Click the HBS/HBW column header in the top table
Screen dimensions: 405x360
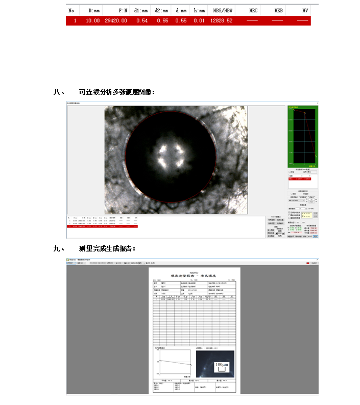223,10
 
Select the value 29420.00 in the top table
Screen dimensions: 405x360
115,21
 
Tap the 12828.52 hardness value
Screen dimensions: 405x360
223,21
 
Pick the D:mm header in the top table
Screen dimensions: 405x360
93,10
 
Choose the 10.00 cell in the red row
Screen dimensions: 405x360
93,21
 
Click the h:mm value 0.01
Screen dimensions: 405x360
199,21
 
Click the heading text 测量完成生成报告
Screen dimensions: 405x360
107,248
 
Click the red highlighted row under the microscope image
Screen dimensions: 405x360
103,226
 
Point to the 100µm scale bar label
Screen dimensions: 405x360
221,365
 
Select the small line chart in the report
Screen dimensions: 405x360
174,364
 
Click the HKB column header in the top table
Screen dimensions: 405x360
278,10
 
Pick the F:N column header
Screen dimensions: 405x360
123,10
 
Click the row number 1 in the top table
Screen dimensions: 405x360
75,21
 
